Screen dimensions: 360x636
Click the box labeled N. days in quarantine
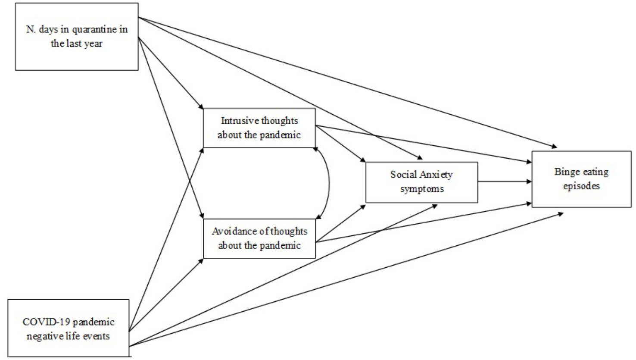[x=77, y=37]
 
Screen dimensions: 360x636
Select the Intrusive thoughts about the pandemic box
[x=259, y=128]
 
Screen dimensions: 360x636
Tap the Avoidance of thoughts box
[x=259, y=238]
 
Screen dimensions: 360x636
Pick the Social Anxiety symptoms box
[x=421, y=182]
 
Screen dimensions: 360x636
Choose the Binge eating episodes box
[x=581, y=179]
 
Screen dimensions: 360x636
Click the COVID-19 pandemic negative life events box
[x=68, y=329]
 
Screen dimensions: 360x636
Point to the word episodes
[x=581, y=186]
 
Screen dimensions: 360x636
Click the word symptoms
[x=422, y=189]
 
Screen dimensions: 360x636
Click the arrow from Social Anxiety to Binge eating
[x=504, y=182]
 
